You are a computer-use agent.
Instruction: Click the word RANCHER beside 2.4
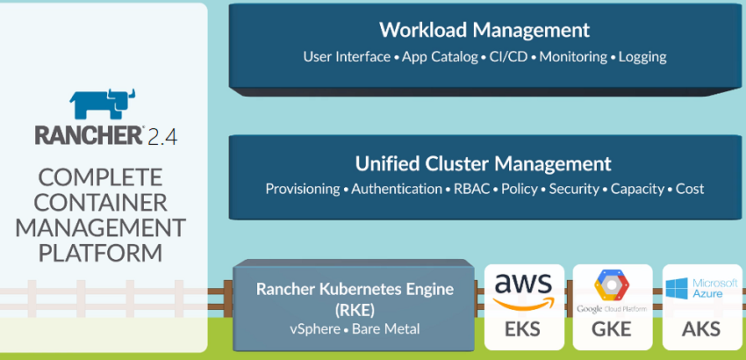point(89,135)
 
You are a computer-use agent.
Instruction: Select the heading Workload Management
point(484,30)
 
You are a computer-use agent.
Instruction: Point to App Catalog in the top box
point(436,57)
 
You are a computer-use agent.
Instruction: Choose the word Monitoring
point(572,57)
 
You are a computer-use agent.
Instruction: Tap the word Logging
point(642,57)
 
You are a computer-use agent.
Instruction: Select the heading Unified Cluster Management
point(484,163)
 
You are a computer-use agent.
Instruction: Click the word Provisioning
point(303,189)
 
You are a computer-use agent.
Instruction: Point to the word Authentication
point(397,189)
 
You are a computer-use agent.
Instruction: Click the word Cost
point(690,189)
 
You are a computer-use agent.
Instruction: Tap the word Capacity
point(638,189)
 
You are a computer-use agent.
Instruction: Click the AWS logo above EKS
point(524,291)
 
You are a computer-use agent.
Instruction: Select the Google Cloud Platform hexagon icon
point(612,286)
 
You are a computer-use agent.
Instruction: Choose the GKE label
point(612,330)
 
